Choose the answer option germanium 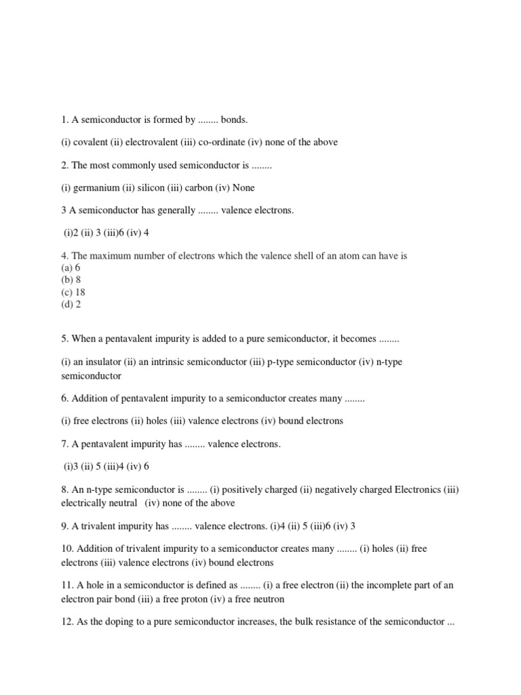[x=96, y=187]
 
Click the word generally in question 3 [x=176, y=210]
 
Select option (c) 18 [x=73, y=293]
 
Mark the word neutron [x=267, y=599]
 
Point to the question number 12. [x=67, y=622]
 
